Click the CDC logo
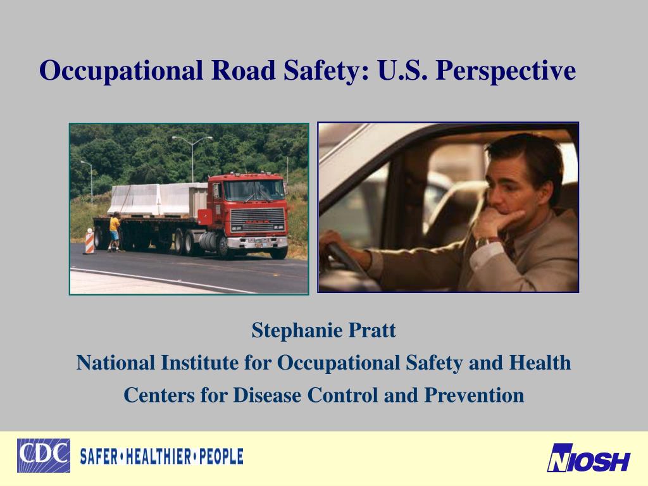tap(43, 456)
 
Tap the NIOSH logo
tap(589, 458)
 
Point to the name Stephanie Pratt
tap(323, 330)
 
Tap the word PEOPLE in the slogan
tap(221, 456)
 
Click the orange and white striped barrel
tap(89, 241)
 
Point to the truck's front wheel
tap(224, 247)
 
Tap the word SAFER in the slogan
tap(98, 456)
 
